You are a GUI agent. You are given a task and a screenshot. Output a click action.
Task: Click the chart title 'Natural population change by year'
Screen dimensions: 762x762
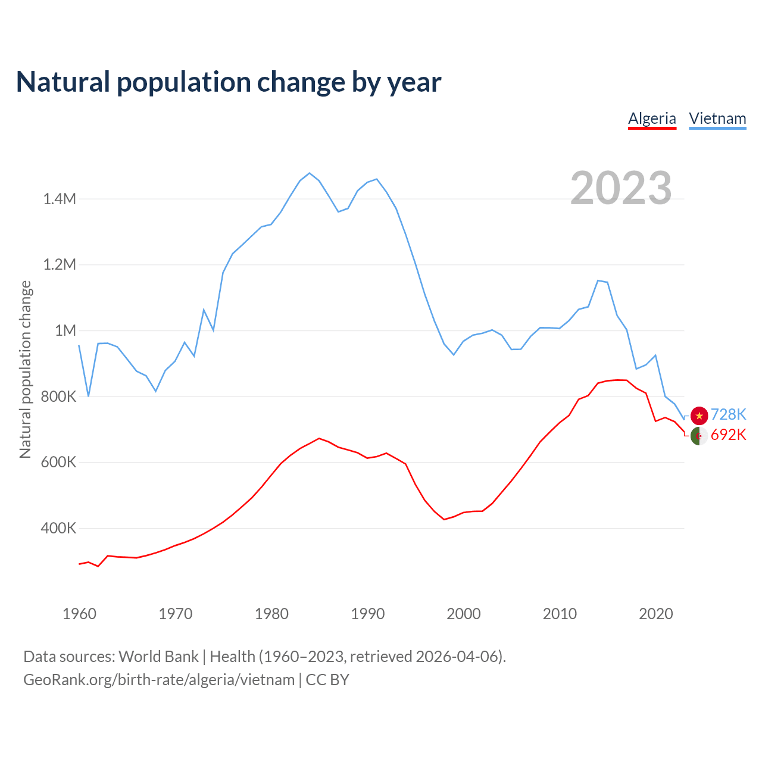point(229,82)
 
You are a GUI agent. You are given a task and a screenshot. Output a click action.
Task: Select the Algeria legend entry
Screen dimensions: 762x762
point(652,118)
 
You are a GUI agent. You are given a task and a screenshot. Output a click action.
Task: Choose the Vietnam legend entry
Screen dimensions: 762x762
point(717,118)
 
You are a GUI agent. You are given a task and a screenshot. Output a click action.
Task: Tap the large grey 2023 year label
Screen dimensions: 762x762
point(621,188)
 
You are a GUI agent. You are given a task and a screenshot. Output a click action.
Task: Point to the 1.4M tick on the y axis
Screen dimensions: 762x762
point(60,199)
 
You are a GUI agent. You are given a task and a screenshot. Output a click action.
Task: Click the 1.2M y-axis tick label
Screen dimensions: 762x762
point(60,264)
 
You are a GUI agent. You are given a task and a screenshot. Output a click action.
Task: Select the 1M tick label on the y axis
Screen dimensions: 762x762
point(65,330)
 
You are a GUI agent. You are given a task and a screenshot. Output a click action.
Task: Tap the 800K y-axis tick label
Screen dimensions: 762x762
point(58,396)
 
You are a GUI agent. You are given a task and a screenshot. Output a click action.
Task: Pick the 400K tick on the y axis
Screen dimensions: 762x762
point(58,528)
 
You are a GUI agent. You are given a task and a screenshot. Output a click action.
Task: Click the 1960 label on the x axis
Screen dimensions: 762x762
point(79,614)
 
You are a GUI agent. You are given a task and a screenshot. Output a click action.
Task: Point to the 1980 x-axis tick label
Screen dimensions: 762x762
point(271,614)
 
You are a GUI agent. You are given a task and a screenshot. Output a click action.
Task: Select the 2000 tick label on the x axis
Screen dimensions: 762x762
point(463,614)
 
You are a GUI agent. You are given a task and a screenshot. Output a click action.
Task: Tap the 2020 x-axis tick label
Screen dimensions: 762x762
point(655,614)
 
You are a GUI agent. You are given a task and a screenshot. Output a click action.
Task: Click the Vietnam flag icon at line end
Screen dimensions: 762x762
point(699,416)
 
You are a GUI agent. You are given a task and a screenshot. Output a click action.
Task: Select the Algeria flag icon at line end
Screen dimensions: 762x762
point(699,436)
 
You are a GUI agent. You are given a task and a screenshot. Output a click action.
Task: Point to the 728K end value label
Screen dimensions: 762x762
point(728,415)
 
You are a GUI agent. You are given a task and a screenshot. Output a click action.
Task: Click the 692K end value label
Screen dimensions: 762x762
point(728,435)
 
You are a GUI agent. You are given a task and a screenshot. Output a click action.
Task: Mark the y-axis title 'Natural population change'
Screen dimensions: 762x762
point(25,369)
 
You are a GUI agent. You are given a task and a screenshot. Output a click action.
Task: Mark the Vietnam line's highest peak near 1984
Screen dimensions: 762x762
point(310,173)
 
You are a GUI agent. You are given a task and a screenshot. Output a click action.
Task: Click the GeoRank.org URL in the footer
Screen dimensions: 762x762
point(159,680)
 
